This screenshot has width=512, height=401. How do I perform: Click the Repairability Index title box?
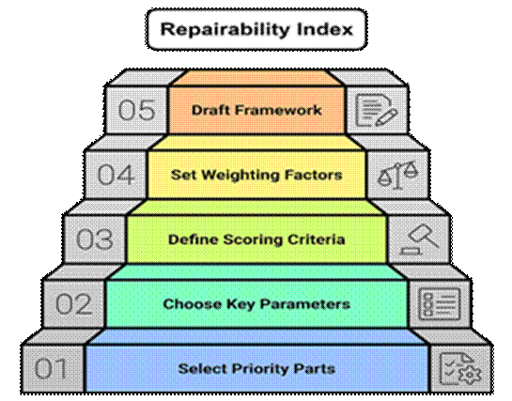coord(257,29)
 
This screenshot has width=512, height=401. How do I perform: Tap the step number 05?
coord(136,110)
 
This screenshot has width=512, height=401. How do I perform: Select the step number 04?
coord(116,175)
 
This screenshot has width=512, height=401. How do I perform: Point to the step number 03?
coord(95,239)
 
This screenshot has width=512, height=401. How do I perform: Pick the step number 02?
coord(73,303)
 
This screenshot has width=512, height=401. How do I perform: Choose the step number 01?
coord(51,368)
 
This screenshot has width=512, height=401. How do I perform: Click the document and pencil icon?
coord(376,110)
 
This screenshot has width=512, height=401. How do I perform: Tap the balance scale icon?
coord(397,176)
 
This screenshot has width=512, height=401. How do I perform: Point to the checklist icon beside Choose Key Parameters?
coord(440,303)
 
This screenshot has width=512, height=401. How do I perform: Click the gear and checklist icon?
coord(460,369)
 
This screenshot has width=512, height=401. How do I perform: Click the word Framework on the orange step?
coord(278,110)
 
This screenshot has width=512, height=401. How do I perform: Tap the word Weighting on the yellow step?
coord(240,176)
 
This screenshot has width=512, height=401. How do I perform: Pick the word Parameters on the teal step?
coord(305,304)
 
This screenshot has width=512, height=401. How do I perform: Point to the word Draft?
coord(210,110)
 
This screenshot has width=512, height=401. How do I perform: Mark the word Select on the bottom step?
coord(203,369)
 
